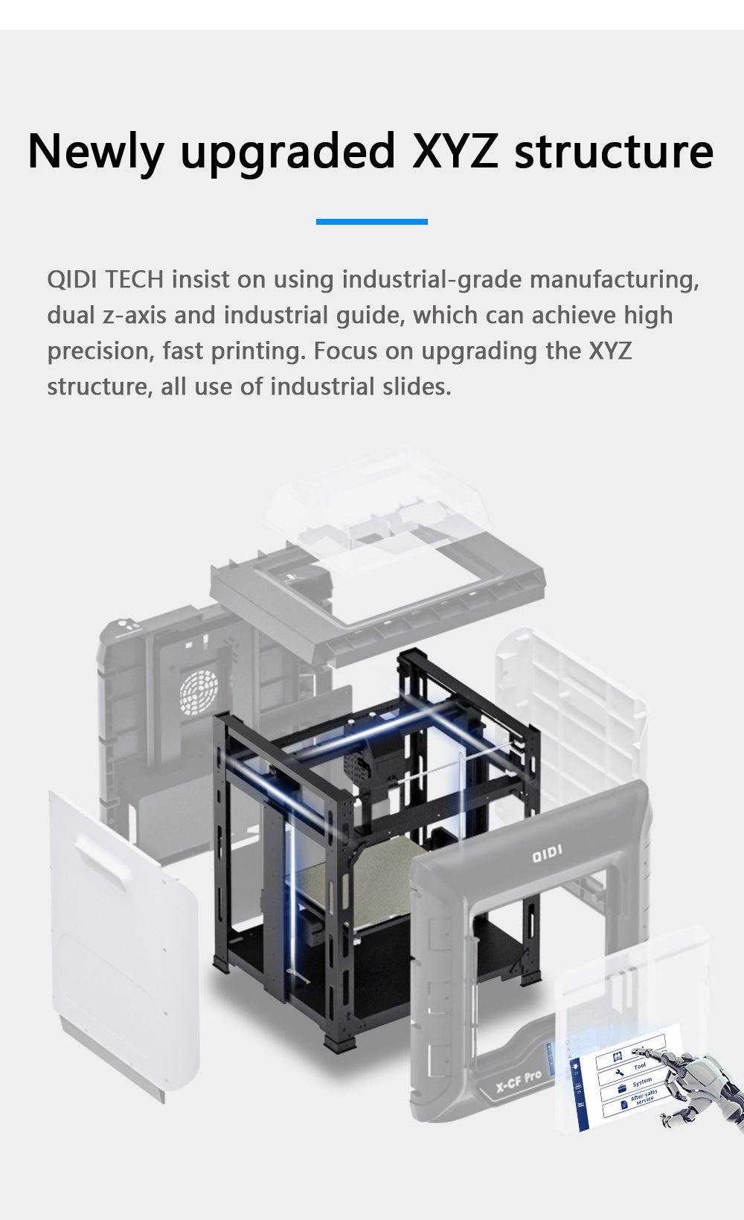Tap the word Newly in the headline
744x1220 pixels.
coord(94,151)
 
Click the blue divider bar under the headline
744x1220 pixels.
coord(371,221)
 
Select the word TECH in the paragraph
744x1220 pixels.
coord(134,280)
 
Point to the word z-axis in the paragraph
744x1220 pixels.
coord(136,316)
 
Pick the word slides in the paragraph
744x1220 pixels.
coord(414,386)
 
